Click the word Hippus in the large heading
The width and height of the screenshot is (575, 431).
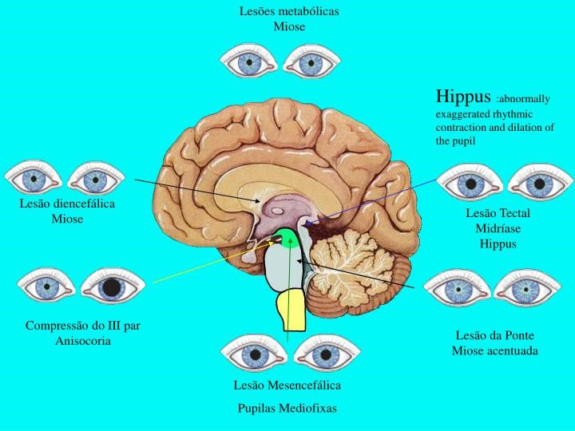point(462,97)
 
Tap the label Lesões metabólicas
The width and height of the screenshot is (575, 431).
point(289,11)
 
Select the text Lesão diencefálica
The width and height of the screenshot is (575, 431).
point(67,204)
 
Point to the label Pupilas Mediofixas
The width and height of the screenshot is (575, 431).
point(287,408)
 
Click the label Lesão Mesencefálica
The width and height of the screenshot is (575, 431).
point(287,385)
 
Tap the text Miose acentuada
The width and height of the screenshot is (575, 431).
point(495,350)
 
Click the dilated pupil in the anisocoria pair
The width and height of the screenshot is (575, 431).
point(113,285)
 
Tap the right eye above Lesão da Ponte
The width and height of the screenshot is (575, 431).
point(526,287)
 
